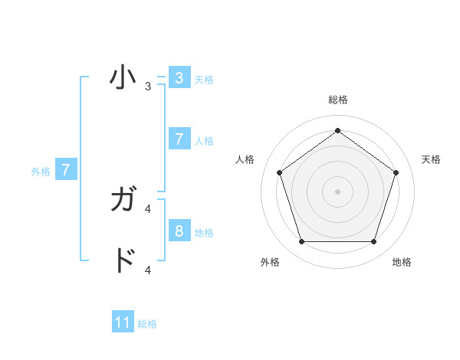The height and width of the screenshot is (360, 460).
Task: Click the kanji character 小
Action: click(x=123, y=78)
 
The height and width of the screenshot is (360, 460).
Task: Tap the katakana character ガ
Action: click(x=124, y=201)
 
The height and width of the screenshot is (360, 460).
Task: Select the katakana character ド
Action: click(x=124, y=261)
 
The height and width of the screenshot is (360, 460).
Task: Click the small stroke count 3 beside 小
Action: click(x=148, y=87)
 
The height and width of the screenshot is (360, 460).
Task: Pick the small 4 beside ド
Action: click(x=148, y=270)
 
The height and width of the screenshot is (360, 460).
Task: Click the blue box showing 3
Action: click(x=179, y=78)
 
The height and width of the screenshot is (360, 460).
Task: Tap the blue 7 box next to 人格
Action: click(x=179, y=139)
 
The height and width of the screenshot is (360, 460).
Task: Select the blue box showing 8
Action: click(x=179, y=231)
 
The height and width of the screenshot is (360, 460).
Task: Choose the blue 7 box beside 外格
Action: click(x=66, y=170)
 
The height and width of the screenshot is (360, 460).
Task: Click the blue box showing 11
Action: click(x=123, y=322)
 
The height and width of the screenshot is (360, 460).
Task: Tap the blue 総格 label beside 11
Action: click(x=147, y=324)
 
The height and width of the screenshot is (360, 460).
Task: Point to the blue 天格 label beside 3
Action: click(x=204, y=80)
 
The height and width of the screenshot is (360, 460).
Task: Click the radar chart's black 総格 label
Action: click(x=337, y=100)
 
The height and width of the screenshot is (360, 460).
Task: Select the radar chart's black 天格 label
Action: click(x=431, y=159)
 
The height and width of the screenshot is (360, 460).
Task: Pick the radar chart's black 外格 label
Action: click(x=270, y=262)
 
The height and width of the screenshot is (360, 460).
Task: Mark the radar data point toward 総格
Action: click(x=337, y=130)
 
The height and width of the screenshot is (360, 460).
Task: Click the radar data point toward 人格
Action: click(x=279, y=172)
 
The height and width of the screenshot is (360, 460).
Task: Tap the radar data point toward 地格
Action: click(x=373, y=241)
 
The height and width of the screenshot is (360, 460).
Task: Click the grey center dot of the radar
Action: click(x=337, y=191)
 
